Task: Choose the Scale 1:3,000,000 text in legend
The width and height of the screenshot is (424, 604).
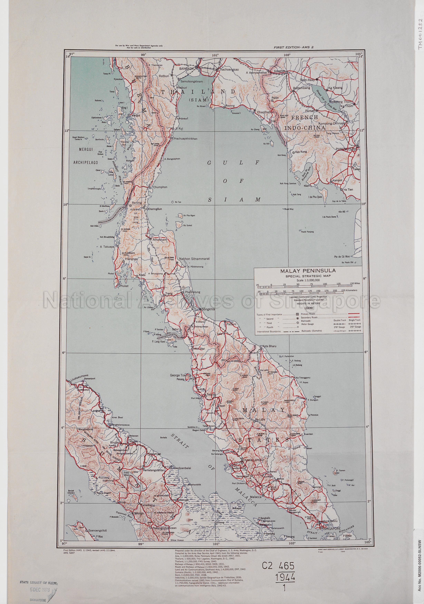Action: [x=308, y=280]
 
